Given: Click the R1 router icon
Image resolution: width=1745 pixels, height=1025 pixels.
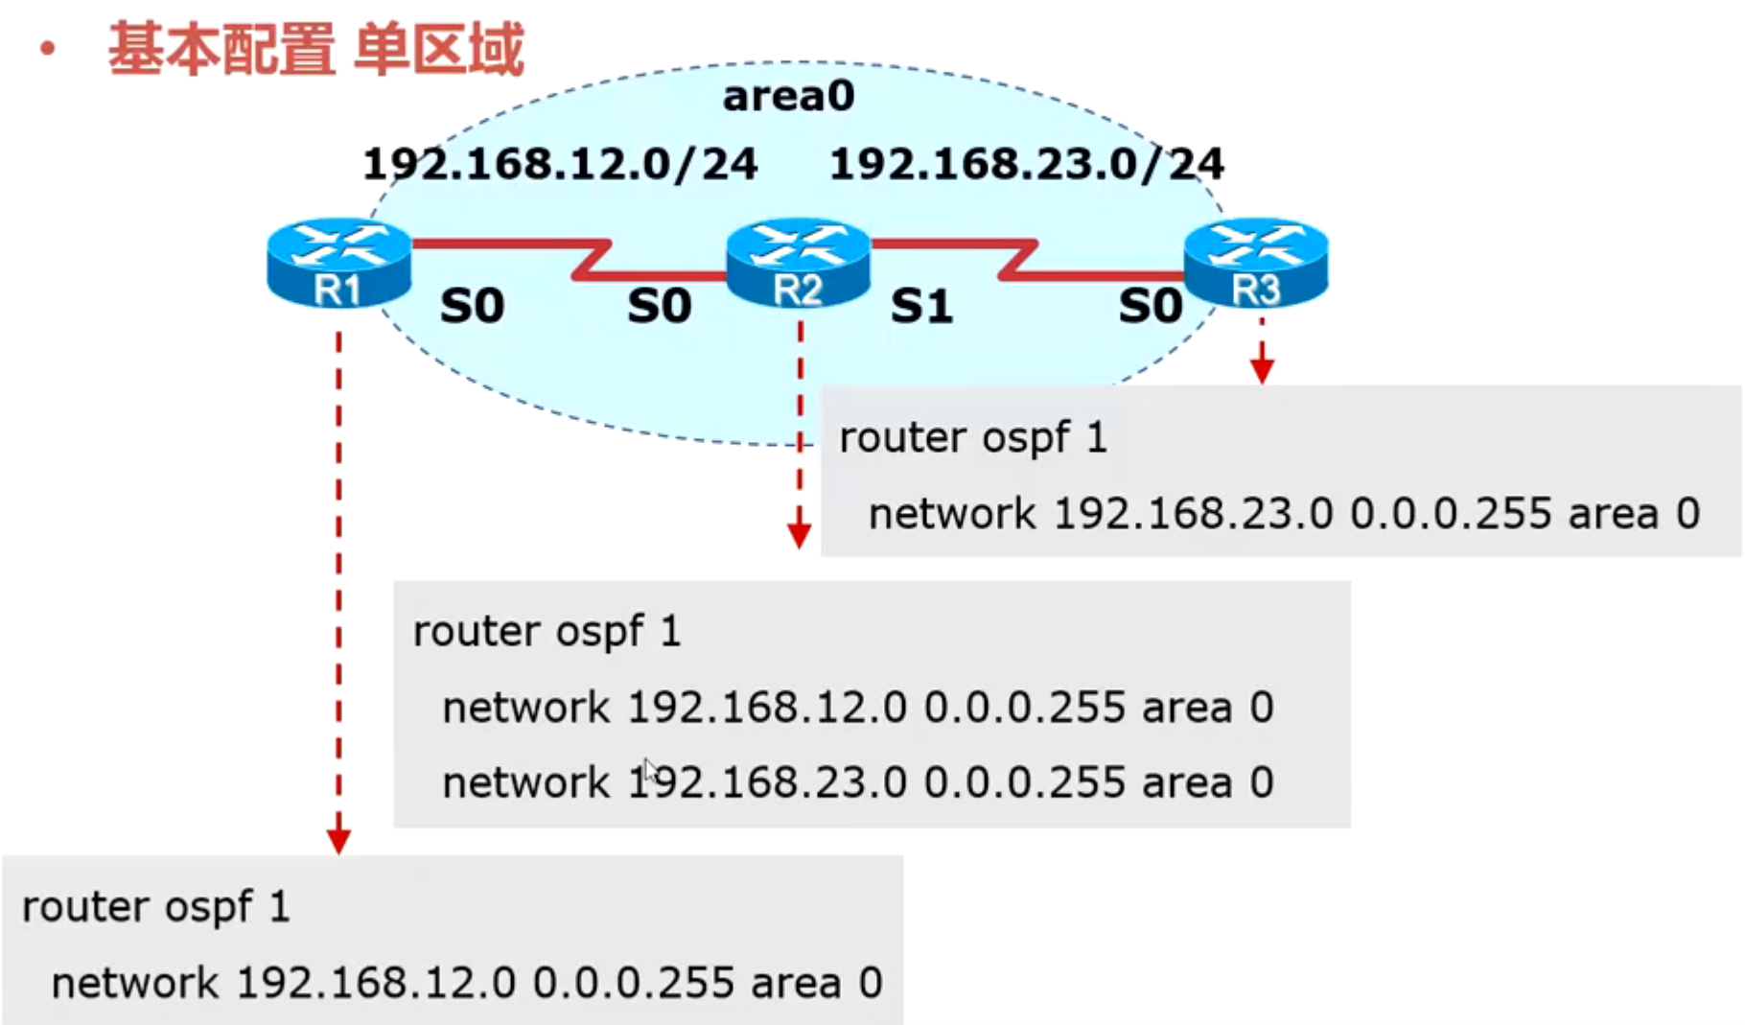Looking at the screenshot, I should (338, 264).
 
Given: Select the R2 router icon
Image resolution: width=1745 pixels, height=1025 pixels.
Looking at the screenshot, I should (798, 264).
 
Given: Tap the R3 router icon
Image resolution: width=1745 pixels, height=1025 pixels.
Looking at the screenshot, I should (1256, 264).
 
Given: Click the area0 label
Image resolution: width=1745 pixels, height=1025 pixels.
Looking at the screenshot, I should (788, 96).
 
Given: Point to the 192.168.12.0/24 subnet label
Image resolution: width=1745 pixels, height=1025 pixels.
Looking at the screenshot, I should (560, 164).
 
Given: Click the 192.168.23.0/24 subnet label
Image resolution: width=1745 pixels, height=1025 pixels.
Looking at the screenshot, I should (1026, 164).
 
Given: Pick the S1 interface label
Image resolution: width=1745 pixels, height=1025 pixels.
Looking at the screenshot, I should (921, 307).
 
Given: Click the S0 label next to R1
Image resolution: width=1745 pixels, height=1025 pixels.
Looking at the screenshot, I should (472, 307).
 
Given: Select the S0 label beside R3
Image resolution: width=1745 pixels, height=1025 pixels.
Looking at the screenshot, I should (1151, 307).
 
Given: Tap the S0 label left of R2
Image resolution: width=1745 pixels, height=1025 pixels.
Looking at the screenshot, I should (659, 307).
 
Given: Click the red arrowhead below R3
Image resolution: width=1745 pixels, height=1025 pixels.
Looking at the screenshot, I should (1262, 370).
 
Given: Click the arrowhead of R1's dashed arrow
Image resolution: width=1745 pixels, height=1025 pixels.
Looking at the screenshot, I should (338, 840).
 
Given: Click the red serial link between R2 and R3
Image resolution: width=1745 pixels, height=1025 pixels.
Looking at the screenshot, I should (1016, 260).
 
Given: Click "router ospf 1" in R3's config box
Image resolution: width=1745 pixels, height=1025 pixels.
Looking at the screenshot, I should (973, 438).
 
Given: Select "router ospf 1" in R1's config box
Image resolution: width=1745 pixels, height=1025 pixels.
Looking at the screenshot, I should (156, 907).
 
